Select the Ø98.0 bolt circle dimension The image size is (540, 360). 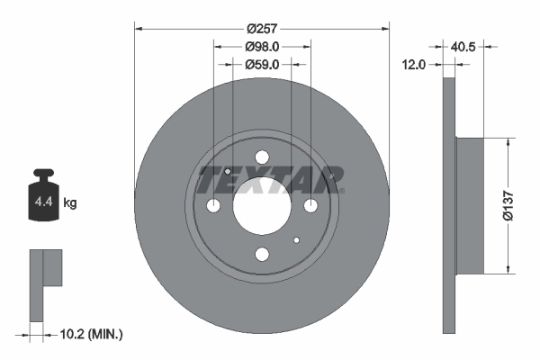tap(262, 47)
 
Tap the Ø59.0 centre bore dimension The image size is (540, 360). tap(262, 65)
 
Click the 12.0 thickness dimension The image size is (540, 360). tap(415, 65)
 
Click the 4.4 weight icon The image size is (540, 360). tap(42, 197)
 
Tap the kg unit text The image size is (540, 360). tap(70, 203)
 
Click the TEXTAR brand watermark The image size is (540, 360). tap(270, 180)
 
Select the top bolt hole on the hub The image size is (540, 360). tap(262, 157)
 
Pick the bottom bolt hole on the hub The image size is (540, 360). tap(262, 254)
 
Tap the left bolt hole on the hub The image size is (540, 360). tap(213, 206)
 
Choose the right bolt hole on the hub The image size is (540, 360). tap(310, 206)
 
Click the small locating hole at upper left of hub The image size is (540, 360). tap(228, 172)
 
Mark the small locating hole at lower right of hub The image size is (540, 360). tap(296, 239)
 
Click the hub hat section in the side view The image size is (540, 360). tap(471, 205)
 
